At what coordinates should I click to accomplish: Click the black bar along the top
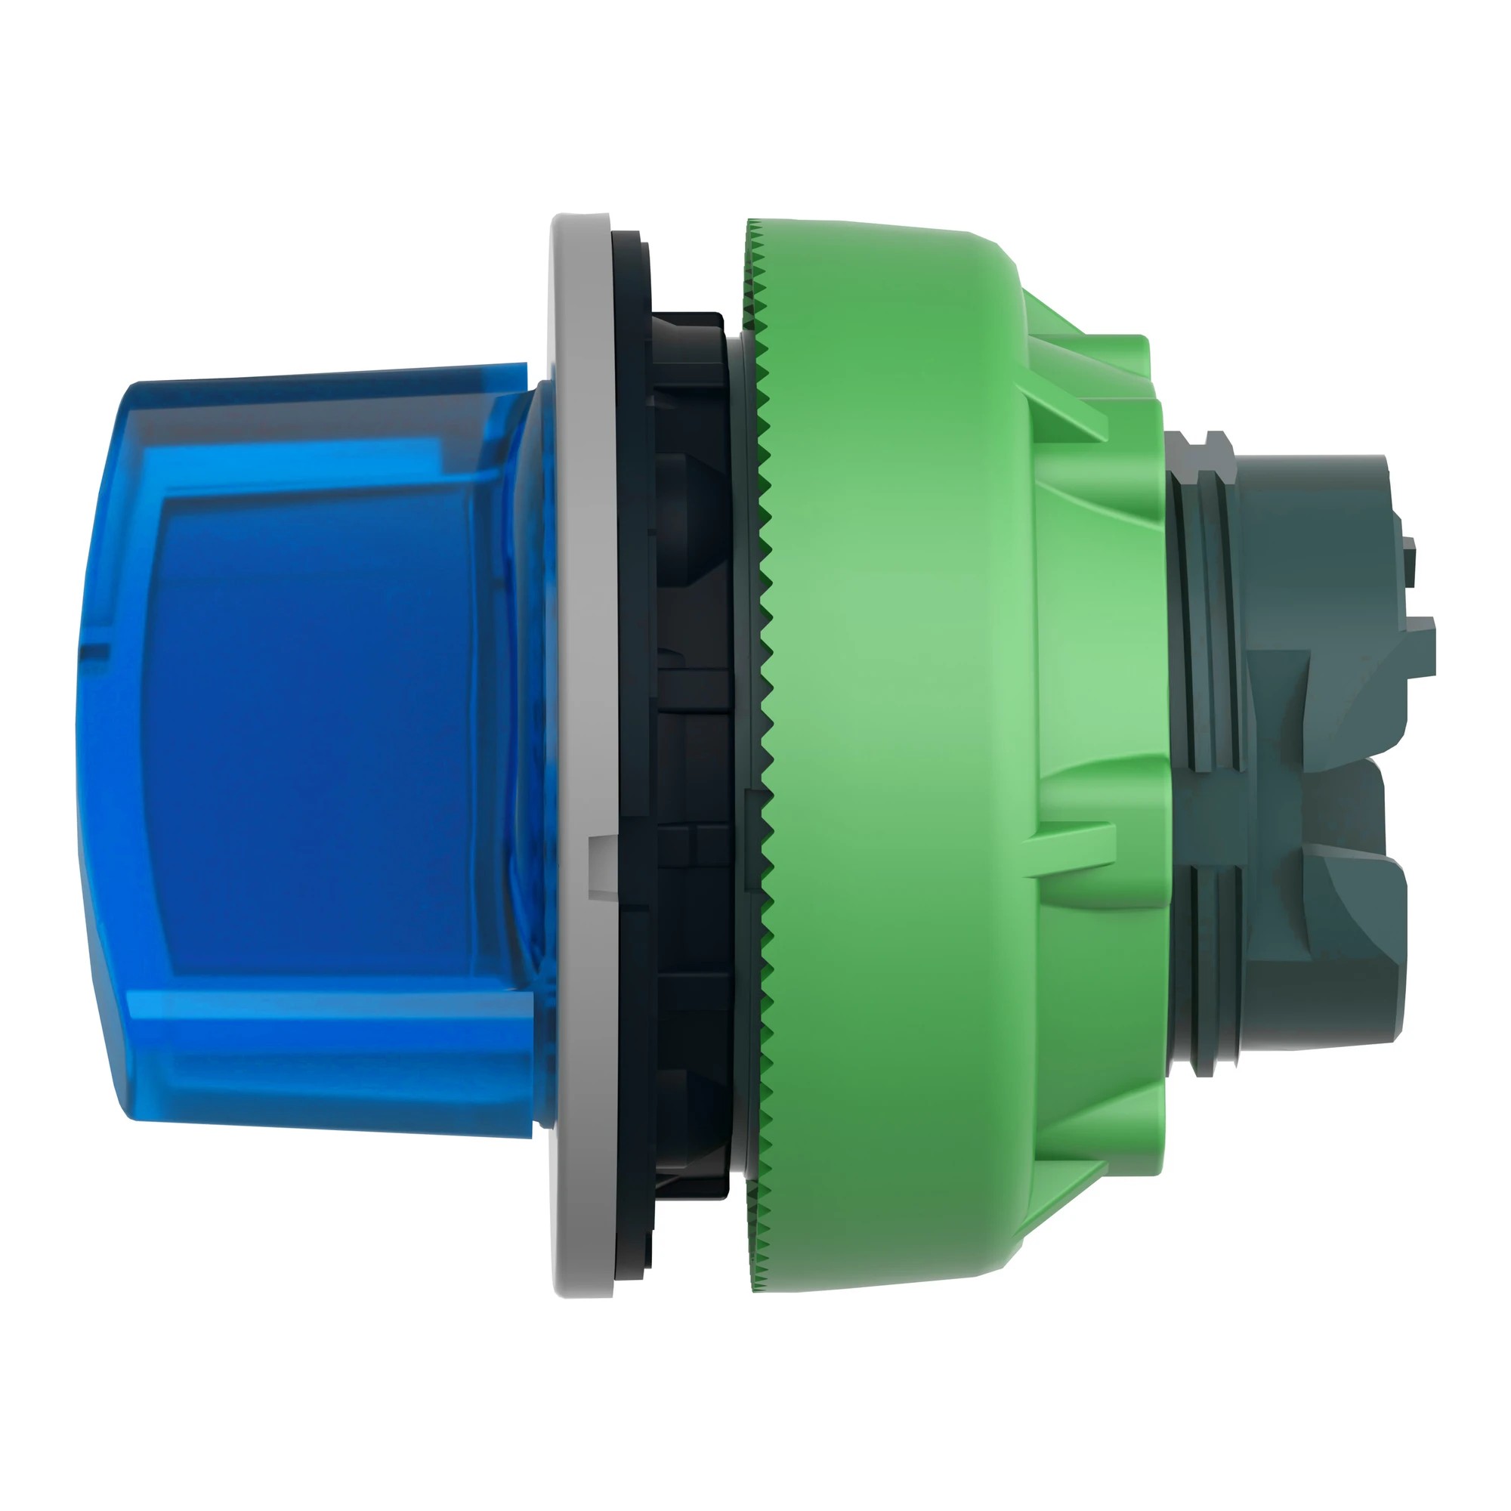(755, 74)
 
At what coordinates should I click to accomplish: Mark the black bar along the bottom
(755, 1435)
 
